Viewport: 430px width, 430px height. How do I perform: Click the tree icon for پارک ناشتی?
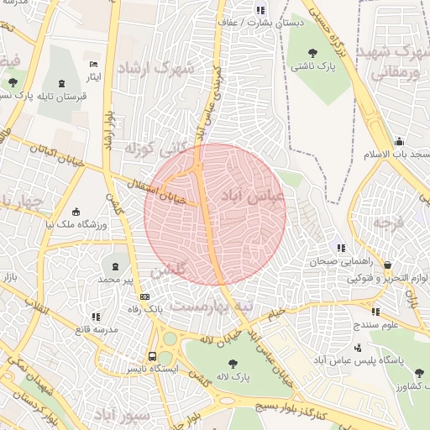click(x=300, y=50)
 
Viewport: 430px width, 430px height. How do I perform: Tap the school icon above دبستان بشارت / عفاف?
click(x=260, y=11)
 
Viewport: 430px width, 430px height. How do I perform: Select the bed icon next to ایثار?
click(x=94, y=64)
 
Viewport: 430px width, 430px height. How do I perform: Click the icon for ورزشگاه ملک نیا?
click(x=77, y=212)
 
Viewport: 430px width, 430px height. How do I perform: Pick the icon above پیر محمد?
click(x=115, y=265)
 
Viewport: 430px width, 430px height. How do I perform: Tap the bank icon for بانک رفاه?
click(x=145, y=296)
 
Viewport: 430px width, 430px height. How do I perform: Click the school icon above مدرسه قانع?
click(x=95, y=316)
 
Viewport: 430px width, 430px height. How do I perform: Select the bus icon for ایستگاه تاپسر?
click(x=152, y=355)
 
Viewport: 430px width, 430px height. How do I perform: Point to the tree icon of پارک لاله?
click(x=233, y=363)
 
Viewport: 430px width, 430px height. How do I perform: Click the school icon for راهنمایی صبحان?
click(x=340, y=248)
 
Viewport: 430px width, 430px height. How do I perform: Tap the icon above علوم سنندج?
click(x=375, y=312)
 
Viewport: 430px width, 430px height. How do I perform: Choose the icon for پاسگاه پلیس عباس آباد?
click(x=359, y=346)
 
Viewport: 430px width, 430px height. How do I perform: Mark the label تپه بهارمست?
click(x=211, y=306)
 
